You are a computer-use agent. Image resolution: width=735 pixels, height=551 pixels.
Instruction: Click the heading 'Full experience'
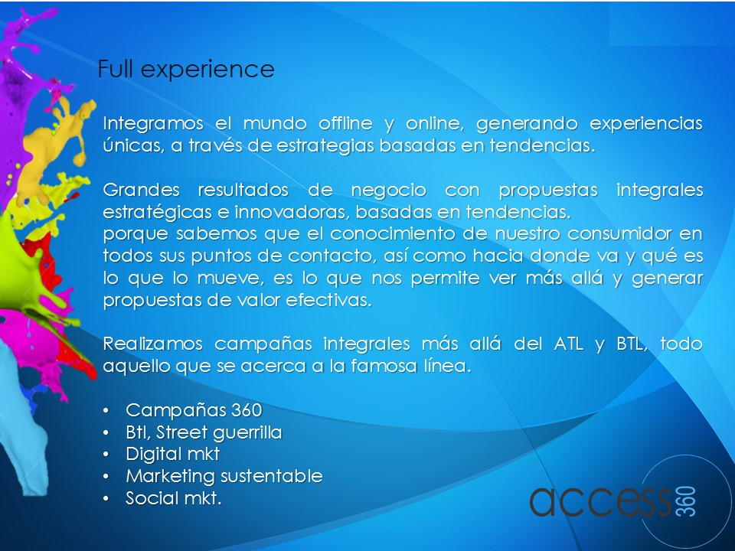tap(185, 70)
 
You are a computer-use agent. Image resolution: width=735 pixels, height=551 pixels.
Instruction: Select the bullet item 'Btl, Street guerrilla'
tap(204, 432)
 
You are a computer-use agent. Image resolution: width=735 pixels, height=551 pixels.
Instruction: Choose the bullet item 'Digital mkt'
tap(172, 454)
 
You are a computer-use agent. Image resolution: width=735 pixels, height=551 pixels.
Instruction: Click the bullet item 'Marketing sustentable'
tap(224, 476)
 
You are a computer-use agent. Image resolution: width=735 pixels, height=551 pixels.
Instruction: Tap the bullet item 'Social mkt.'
tap(174, 498)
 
